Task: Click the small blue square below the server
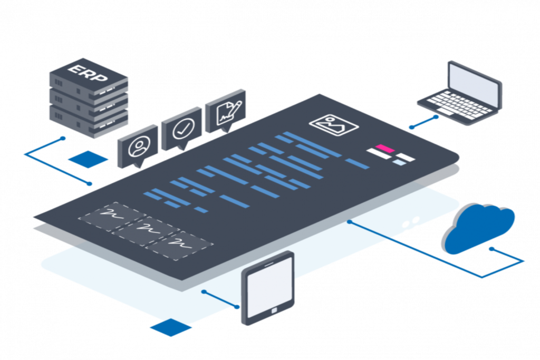[88, 159]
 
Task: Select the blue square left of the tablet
[170, 328]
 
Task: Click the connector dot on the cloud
[491, 249]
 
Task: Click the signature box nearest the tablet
[179, 244]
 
